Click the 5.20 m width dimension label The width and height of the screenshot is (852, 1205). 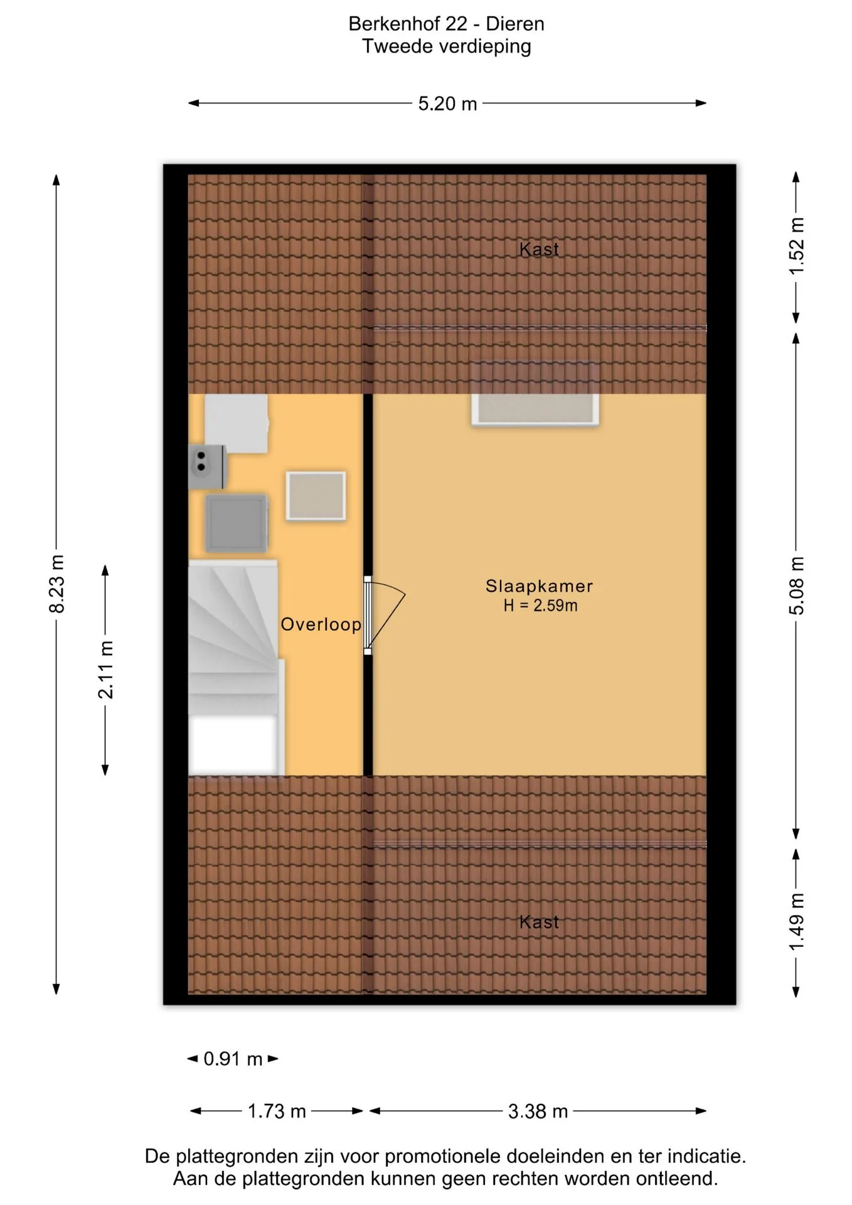click(447, 104)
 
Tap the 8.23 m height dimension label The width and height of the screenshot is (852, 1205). click(56, 584)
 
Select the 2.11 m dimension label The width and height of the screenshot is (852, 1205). click(105, 670)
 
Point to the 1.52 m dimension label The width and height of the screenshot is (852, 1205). click(796, 246)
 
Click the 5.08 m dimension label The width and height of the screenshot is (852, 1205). click(796, 586)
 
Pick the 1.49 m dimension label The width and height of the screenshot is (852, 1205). click(796, 922)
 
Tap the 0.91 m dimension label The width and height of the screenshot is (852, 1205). click(233, 1059)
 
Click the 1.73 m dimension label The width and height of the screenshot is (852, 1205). click(277, 1111)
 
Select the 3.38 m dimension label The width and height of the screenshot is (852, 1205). click(538, 1111)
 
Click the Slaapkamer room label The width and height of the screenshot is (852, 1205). click(539, 586)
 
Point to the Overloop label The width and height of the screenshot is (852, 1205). click(321, 624)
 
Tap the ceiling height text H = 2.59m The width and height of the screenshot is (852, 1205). click(540, 606)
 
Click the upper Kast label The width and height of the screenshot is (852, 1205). click(539, 249)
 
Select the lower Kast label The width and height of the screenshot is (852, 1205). click(539, 922)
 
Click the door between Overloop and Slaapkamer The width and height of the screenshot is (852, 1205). click(383, 616)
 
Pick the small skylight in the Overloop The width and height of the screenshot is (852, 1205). click(316, 496)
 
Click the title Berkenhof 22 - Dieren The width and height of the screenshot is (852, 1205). click(446, 24)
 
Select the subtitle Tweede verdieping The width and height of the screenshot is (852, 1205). click(446, 46)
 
